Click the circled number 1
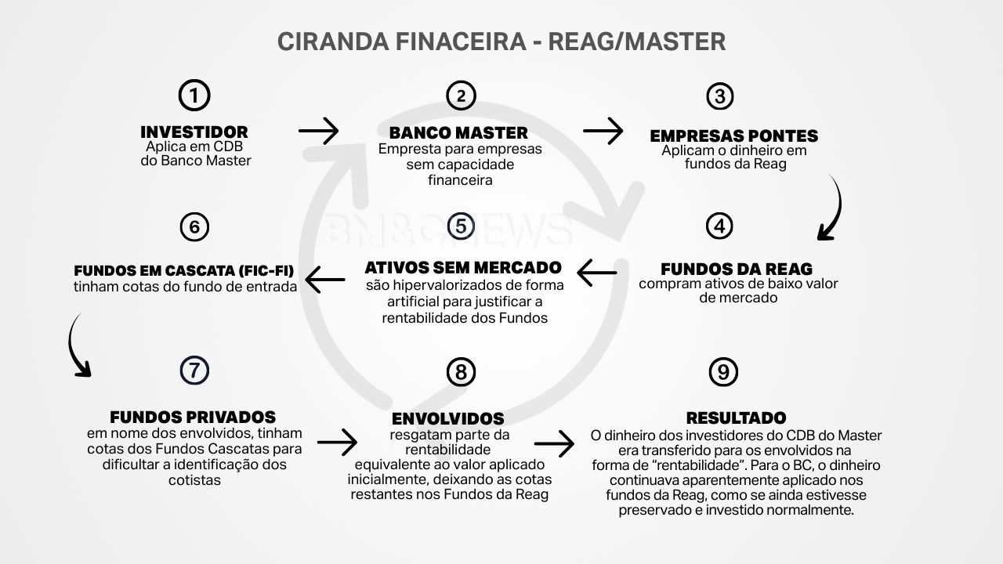(194, 96)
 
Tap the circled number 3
(719, 96)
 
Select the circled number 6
(194, 227)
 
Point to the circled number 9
(722, 372)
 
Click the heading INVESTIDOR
(194, 132)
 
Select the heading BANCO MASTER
(458, 132)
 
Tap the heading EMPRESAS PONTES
(733, 136)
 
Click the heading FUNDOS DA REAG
(737, 269)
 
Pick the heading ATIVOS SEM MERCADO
(463, 267)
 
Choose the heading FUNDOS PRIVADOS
(193, 417)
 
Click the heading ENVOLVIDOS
(447, 418)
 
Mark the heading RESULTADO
(736, 418)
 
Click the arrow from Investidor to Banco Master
(319, 131)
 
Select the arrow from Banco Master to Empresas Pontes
(603, 131)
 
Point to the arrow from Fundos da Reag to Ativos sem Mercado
(597, 273)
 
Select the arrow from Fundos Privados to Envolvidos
(337, 443)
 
